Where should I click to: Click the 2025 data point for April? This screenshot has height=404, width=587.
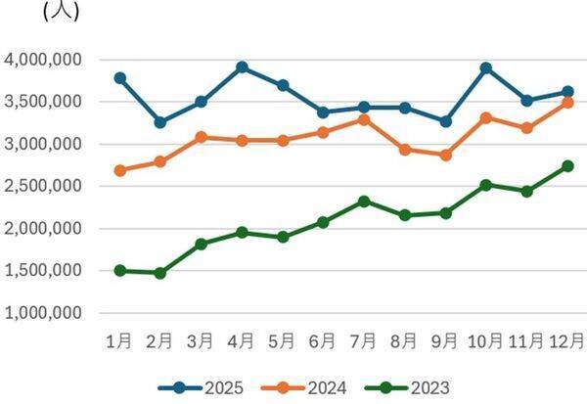click(242, 67)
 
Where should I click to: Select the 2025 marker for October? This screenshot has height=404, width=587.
click(485, 68)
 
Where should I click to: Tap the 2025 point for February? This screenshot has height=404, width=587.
click(160, 122)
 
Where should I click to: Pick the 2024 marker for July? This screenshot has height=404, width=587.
click(363, 119)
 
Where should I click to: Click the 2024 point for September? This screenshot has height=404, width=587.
click(445, 155)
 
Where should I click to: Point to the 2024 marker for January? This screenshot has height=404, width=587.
click(119, 170)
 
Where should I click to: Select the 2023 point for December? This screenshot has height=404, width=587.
click(567, 166)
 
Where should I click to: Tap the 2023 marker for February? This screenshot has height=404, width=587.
click(160, 273)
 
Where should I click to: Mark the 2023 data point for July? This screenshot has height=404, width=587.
click(363, 202)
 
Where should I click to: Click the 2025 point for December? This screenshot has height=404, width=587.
click(567, 92)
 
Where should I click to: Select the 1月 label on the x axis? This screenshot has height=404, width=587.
click(119, 341)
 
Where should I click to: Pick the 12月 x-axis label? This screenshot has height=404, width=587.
click(565, 341)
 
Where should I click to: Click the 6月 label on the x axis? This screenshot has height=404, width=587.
click(323, 341)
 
